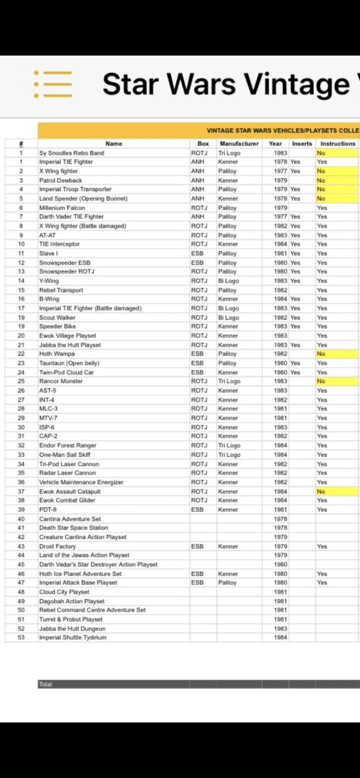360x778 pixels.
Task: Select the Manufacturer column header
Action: [x=239, y=143]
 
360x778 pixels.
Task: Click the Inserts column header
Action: [x=302, y=143]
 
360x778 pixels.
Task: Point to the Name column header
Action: [x=113, y=143]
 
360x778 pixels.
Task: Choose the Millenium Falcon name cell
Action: [x=62, y=208]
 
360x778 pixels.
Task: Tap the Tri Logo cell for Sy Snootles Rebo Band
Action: [x=229, y=153]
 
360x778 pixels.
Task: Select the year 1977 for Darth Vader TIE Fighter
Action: [x=280, y=216]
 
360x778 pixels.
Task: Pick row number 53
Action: [x=21, y=637]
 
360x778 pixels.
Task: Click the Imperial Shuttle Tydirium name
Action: [x=72, y=637]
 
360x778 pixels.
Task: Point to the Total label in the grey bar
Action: [x=45, y=684]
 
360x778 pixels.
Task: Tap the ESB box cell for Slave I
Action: [x=197, y=253]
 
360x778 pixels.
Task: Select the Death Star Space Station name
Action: [x=73, y=528]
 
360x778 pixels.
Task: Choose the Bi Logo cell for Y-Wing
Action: [x=228, y=281]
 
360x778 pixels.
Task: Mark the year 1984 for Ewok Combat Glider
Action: [x=280, y=500]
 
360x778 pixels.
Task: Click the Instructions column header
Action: [x=338, y=143]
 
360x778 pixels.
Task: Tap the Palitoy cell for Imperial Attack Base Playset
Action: [x=227, y=583]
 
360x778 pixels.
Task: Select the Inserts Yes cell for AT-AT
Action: [x=295, y=235]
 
